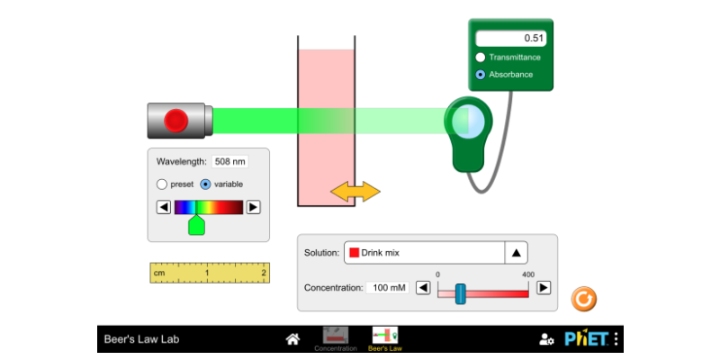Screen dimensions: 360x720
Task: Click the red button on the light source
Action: click(176, 120)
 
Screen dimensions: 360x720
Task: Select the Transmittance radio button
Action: click(481, 57)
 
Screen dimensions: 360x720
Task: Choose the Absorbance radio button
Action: click(481, 75)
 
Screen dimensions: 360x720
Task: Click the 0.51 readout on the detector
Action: click(510, 39)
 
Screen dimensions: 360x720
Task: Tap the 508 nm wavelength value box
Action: click(229, 162)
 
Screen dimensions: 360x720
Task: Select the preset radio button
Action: click(162, 184)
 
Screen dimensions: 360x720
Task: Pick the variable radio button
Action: click(205, 184)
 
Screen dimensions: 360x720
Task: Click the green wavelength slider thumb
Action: click(196, 225)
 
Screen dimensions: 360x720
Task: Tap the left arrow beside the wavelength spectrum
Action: click(164, 207)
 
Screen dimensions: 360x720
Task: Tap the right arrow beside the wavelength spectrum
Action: click(254, 207)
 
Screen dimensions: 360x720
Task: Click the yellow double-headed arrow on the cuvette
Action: click(355, 191)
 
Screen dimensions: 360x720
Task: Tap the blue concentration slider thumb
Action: click(460, 293)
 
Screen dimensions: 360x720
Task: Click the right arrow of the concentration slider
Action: click(544, 288)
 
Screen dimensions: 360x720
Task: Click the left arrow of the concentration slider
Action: click(422, 288)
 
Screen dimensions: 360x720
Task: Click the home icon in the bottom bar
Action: click(292, 339)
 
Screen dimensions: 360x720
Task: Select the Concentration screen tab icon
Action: click(336, 338)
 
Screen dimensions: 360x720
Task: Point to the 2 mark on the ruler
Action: click(264, 272)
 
